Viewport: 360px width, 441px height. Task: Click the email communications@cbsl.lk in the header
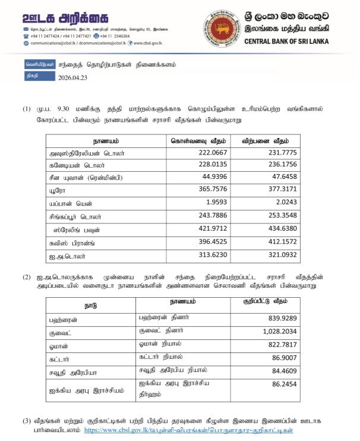tap(53, 43)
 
